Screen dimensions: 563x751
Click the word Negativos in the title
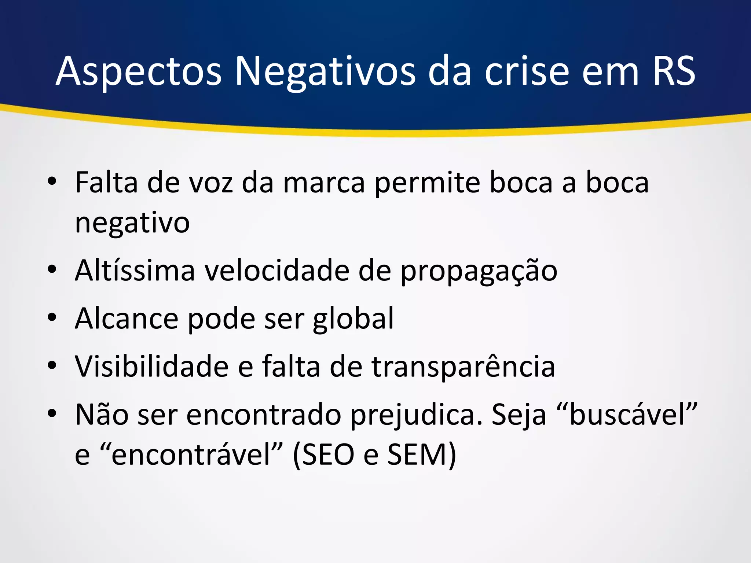325,71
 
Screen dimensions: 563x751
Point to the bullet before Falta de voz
52,181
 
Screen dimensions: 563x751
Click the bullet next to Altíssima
52,269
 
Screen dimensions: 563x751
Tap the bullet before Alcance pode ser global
52,317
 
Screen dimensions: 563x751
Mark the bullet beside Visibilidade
52,365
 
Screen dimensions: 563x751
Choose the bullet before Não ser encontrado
52,413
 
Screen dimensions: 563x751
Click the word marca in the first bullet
324,183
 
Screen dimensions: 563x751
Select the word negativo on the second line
132,223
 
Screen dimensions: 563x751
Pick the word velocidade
276,271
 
